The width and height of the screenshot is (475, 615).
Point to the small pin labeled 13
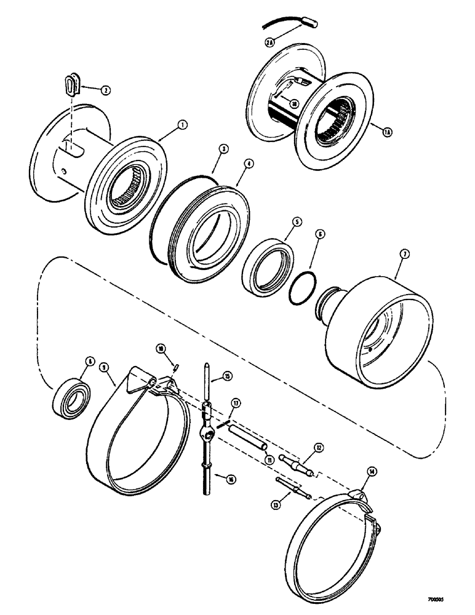pyautogui.click(x=290, y=485)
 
